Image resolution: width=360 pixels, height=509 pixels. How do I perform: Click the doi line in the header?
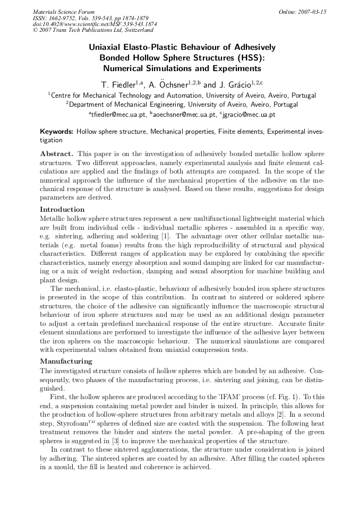point(95,24)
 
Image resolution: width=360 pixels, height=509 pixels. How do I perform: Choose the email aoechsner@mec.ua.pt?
point(183,114)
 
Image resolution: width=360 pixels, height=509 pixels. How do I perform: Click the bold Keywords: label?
point(57,131)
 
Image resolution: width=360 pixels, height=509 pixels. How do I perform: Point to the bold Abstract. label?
point(57,153)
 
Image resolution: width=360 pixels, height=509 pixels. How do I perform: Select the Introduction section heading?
point(62,210)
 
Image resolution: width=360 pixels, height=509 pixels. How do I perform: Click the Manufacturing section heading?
point(66,361)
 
